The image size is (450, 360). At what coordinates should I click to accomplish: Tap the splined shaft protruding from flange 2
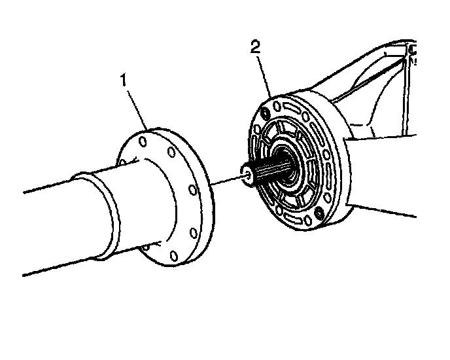(265, 169)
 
